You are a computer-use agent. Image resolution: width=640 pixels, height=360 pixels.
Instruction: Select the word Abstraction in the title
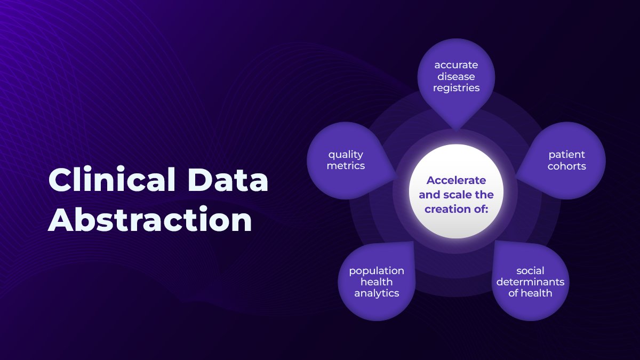(150, 220)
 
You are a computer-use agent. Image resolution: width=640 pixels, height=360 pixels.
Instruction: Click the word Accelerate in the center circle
(456, 180)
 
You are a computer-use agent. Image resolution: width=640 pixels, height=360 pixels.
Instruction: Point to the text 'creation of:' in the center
(456, 209)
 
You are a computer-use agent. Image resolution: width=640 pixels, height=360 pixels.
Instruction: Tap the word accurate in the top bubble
(456, 65)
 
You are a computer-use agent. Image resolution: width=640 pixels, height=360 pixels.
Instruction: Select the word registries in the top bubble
(456, 88)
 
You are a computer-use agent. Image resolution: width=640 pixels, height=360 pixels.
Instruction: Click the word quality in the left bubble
(346, 154)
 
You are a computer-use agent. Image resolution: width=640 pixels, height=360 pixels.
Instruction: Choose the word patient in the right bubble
(567, 154)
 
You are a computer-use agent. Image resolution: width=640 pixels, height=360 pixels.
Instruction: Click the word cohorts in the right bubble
(567, 166)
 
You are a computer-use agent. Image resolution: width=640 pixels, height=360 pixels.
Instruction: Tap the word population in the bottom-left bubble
(377, 270)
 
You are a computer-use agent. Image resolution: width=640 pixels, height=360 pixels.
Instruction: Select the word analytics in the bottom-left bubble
(377, 293)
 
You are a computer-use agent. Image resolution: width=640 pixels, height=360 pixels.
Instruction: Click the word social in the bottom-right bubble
(530, 270)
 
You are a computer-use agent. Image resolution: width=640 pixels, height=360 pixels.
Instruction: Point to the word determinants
(530, 282)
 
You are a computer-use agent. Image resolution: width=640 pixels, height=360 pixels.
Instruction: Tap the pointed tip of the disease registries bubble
(456, 130)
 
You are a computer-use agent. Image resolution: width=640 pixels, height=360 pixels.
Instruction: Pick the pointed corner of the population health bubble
(414, 242)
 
